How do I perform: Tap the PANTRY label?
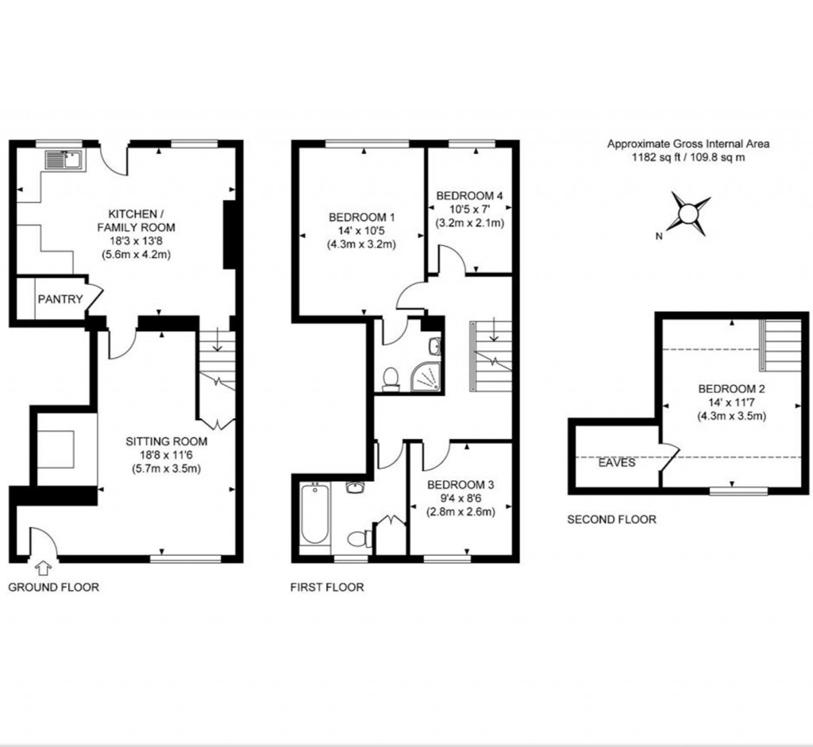point(60,299)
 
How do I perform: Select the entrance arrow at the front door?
point(43,568)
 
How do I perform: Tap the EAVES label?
point(617,462)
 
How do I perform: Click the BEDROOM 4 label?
point(469,195)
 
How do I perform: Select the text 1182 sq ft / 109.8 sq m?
point(688,157)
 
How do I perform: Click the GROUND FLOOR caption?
point(53,587)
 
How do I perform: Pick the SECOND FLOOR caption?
point(611,520)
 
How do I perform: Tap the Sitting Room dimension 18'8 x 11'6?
point(168,455)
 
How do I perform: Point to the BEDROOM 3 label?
point(460,484)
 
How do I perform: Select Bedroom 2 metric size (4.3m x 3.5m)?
point(731,416)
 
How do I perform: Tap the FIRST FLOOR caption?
point(328,587)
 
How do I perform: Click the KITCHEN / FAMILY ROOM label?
point(142,221)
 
